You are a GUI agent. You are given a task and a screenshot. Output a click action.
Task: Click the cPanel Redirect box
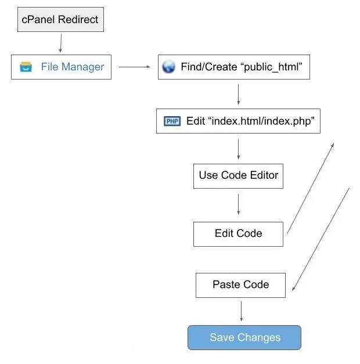pyautogui.click(x=60, y=20)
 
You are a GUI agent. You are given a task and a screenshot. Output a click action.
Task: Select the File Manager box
pyautogui.click(x=61, y=67)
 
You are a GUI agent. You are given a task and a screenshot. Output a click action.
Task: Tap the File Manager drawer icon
pyautogui.click(x=26, y=67)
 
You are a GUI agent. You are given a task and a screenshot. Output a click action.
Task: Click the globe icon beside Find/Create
pyautogui.click(x=168, y=67)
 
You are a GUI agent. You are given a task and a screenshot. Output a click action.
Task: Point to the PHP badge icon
pyautogui.click(x=172, y=121)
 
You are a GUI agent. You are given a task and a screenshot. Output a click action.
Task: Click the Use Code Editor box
pyautogui.click(x=238, y=175)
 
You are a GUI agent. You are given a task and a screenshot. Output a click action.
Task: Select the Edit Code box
pyautogui.click(x=238, y=233)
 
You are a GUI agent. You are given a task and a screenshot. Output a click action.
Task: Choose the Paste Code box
pyautogui.click(x=240, y=284)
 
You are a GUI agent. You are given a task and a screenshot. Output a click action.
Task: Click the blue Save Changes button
pyautogui.click(x=244, y=337)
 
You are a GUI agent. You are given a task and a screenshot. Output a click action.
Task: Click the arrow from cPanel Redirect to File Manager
pyautogui.click(x=60, y=43)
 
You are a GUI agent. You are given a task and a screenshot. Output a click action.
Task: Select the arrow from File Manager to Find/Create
pyautogui.click(x=134, y=67)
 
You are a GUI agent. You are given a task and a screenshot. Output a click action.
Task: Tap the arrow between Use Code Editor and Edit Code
pyautogui.click(x=238, y=204)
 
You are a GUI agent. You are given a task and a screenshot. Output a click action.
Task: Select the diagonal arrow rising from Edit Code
pyautogui.click(x=311, y=187)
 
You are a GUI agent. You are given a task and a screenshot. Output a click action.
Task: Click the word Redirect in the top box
pyautogui.click(x=78, y=20)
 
